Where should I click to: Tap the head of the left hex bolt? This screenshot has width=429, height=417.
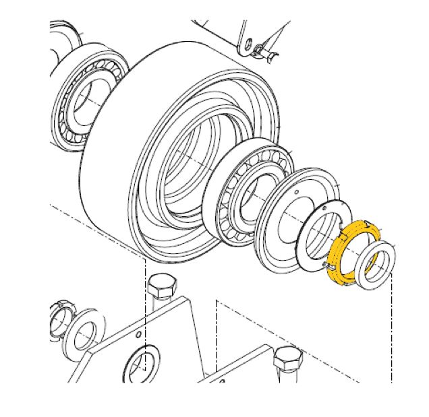160,286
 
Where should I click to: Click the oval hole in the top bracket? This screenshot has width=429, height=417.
248,44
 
